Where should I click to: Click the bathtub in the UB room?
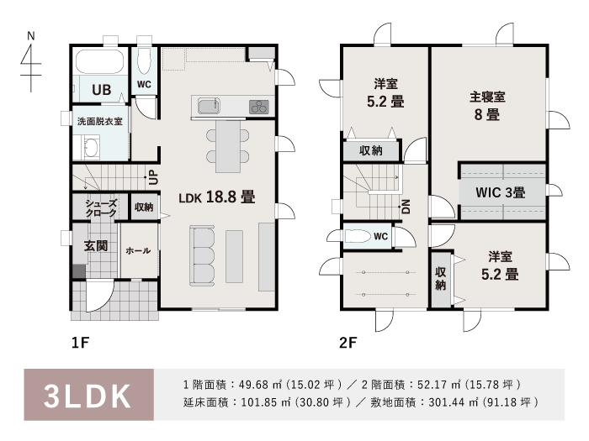tap(99, 61)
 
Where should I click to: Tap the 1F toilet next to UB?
tap(144, 60)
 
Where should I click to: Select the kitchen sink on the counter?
tap(209, 107)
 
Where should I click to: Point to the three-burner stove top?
tap(259, 107)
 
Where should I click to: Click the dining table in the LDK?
tap(228, 146)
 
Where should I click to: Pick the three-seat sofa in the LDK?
tap(202, 255)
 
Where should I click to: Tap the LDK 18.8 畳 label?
tap(217, 197)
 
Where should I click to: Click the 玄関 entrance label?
tap(96, 246)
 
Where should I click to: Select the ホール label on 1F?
tap(138, 250)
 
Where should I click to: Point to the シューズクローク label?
tap(101, 208)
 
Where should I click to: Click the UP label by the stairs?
tap(153, 177)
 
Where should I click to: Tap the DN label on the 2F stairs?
tap(406, 207)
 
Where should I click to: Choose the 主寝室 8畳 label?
tap(487, 106)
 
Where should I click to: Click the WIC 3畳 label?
tap(501, 192)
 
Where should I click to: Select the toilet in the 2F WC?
tap(358, 236)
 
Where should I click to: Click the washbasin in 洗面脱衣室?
tap(91, 147)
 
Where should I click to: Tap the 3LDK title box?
tap(89, 395)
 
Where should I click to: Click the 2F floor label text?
tap(348, 343)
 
